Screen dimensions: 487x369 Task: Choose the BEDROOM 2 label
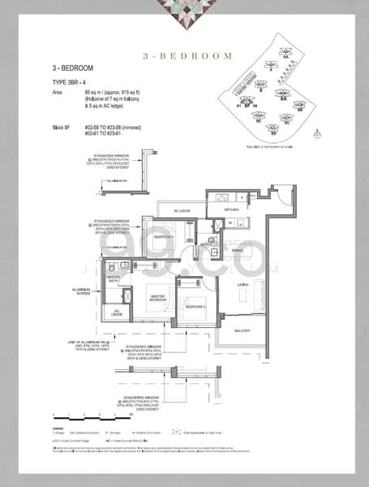point(194,308)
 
